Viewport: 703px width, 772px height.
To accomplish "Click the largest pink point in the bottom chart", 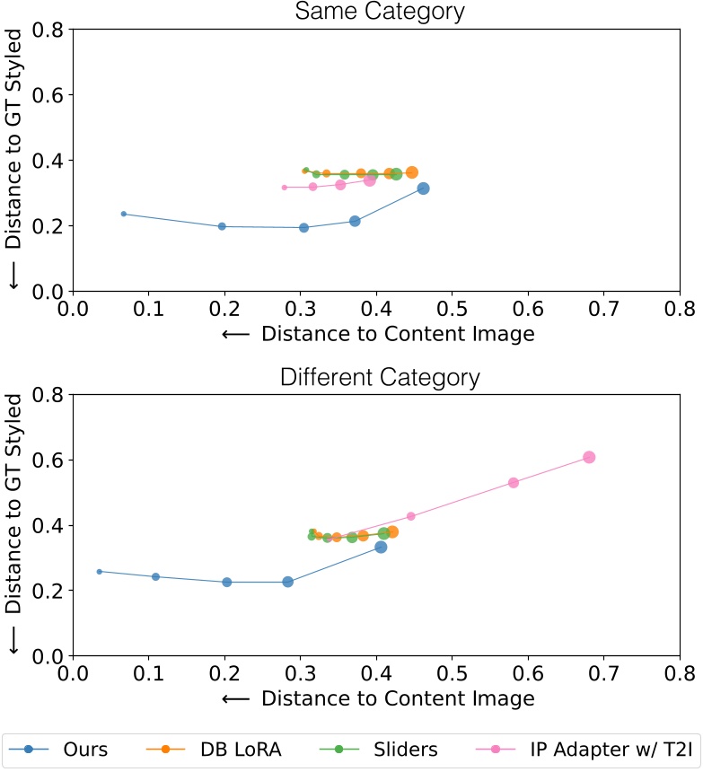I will (x=589, y=457).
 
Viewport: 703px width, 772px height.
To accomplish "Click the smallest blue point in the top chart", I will (x=124, y=214).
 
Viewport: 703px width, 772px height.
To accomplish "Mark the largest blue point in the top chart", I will (x=423, y=189).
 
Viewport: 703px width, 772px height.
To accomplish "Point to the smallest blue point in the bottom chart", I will (x=99, y=571).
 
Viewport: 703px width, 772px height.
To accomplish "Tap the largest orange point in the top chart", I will (x=411, y=172).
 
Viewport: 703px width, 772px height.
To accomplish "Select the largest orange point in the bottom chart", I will (x=392, y=532).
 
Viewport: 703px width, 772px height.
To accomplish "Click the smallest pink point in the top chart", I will (x=285, y=188).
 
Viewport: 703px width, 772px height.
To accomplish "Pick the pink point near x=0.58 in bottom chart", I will (x=514, y=482).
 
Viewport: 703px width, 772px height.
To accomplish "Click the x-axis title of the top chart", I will (x=377, y=334).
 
